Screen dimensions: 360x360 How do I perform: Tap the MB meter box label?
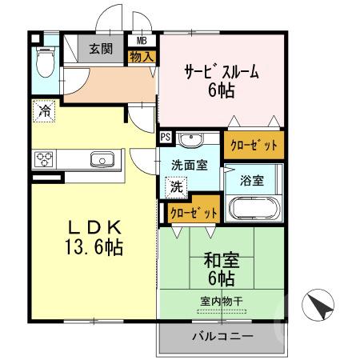(x=142, y=39)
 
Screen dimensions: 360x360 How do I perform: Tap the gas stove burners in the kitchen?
(x=44, y=158)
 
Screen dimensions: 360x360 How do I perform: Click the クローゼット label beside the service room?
(x=254, y=146)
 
